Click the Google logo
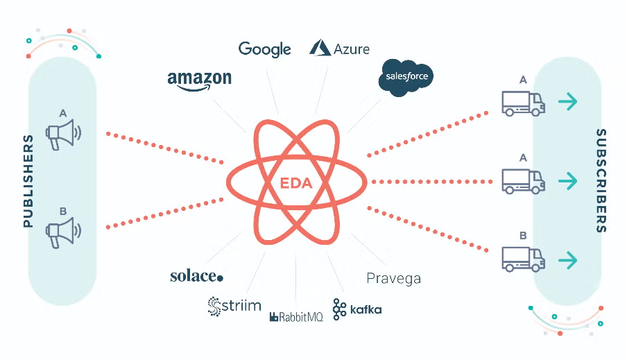pos(264,49)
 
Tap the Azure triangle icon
pos(320,48)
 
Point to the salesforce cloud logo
pos(407,76)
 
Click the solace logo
pos(197,276)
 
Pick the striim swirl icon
pos(214,306)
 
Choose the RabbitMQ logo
pos(296,318)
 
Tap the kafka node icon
pos(339,309)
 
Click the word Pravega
pos(393,279)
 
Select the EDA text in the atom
pos(296,183)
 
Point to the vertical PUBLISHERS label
pos(28,181)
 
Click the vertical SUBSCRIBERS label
pos(601,180)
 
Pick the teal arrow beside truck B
pos(568,260)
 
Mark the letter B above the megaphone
pos(63,212)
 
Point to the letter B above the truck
pos(523,236)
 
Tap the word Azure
pos(351,49)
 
